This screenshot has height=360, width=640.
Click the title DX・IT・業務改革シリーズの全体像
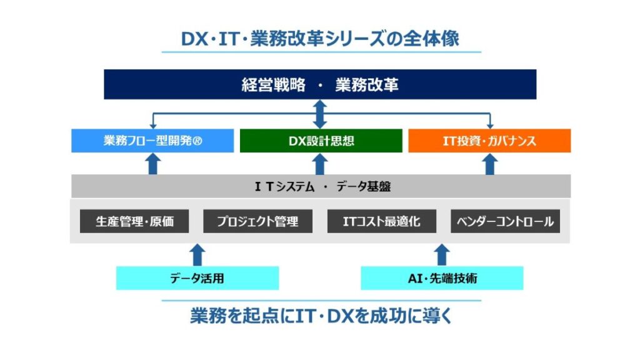(320, 39)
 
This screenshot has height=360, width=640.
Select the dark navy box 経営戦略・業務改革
(320, 84)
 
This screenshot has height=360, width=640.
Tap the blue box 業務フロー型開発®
(152, 141)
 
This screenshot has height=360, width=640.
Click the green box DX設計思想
(321, 141)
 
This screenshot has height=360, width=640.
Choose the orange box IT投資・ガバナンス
(489, 141)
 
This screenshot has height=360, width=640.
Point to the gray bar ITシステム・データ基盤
(321, 186)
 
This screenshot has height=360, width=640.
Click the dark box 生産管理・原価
(134, 221)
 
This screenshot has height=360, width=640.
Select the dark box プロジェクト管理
(257, 221)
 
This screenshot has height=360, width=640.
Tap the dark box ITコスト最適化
(382, 221)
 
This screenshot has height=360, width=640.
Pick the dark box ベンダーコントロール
(505, 221)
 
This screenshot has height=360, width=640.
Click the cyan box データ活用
(197, 278)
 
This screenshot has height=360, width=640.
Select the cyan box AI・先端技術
(442, 278)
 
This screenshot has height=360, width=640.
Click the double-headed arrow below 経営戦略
(320, 114)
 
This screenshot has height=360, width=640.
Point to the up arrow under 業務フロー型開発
(153, 164)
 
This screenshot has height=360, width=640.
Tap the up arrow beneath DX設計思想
(320, 164)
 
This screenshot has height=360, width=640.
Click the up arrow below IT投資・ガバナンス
(490, 164)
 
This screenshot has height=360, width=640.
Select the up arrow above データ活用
(197, 255)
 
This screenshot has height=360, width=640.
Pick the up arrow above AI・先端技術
(442, 255)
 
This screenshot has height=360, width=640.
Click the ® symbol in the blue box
(197, 141)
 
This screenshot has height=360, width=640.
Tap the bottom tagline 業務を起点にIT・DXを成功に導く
(321, 316)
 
